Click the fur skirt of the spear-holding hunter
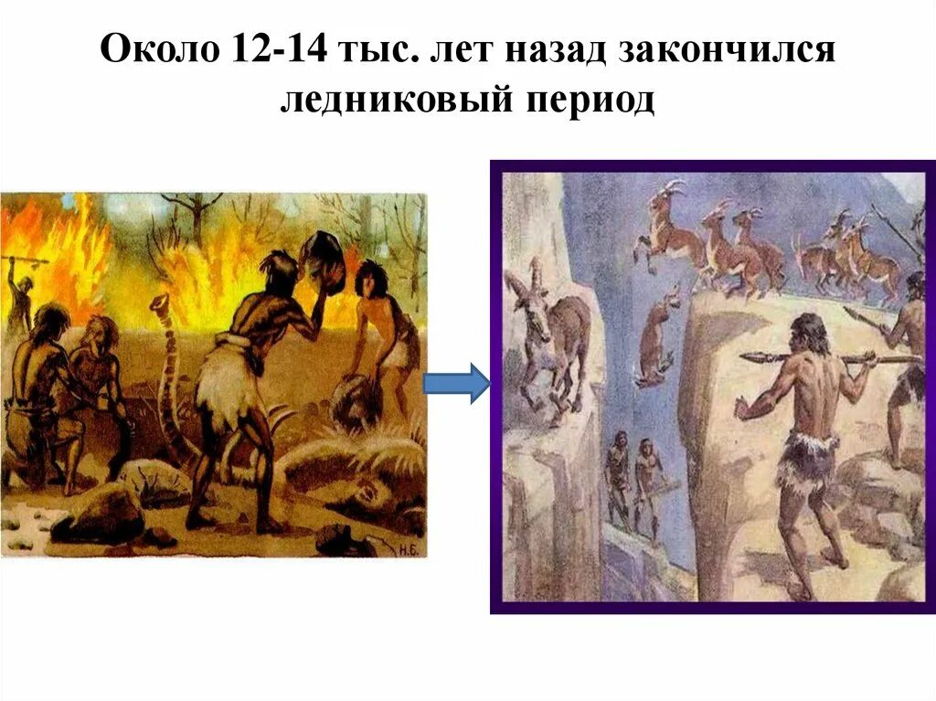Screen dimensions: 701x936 pyautogui.click(x=805, y=457)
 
